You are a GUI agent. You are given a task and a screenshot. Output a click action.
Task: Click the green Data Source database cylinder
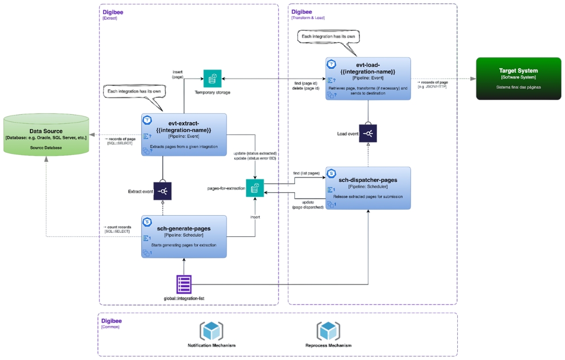46,135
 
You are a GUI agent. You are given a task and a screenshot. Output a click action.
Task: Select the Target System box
518,78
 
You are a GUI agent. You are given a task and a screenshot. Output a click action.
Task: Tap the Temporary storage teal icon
212,79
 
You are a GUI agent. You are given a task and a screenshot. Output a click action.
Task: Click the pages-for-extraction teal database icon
255,188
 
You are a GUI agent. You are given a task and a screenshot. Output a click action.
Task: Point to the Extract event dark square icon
162,191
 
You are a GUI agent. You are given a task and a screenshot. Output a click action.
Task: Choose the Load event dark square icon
368,133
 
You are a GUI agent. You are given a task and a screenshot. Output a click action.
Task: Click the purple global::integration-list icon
184,284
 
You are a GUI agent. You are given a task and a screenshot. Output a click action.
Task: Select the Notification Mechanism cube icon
211,330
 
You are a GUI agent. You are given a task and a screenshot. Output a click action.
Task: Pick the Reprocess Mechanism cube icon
328,330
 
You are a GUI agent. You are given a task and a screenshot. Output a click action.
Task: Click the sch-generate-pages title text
184,229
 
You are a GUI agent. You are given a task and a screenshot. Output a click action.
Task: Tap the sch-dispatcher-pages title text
368,180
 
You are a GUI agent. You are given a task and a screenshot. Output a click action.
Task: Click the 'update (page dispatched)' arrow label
308,205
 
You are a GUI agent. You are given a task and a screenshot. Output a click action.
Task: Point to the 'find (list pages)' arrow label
306,173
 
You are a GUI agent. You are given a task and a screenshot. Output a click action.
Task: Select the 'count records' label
117,227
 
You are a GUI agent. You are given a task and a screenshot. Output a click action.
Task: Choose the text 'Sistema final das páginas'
518,87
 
